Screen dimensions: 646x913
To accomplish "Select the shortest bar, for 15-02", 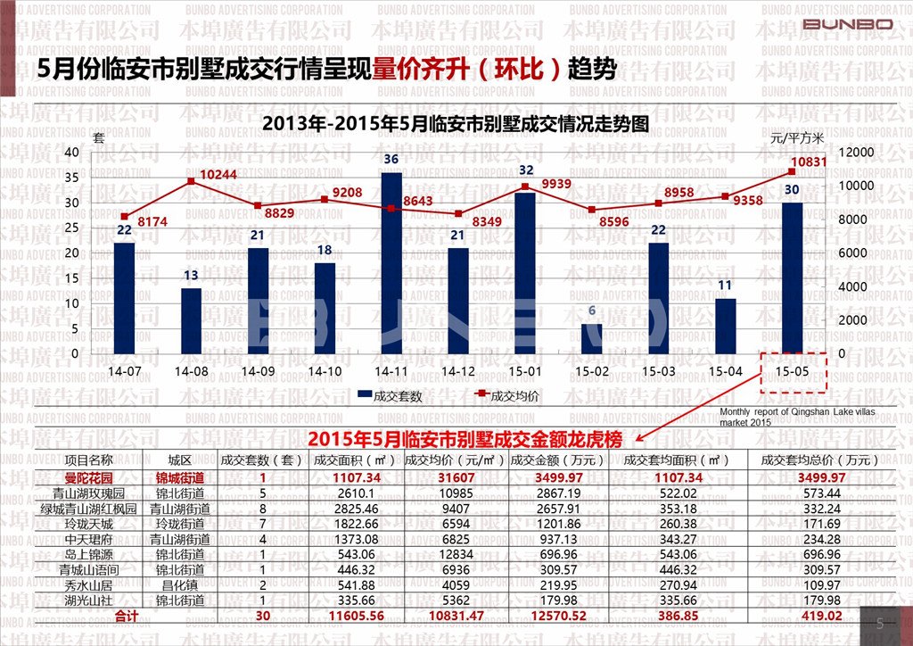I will [591, 338].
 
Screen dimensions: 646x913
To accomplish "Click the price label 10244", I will [218, 174].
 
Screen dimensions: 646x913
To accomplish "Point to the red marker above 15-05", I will [792, 171].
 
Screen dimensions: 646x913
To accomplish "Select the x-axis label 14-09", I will [258, 370].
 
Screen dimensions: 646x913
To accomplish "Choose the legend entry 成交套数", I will [390, 395].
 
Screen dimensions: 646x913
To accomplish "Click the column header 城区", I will [180, 460].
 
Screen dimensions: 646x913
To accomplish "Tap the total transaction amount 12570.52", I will [547, 616].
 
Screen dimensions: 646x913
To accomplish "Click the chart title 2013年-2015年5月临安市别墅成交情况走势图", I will [455, 124].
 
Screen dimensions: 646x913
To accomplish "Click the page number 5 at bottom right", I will [879, 624].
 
